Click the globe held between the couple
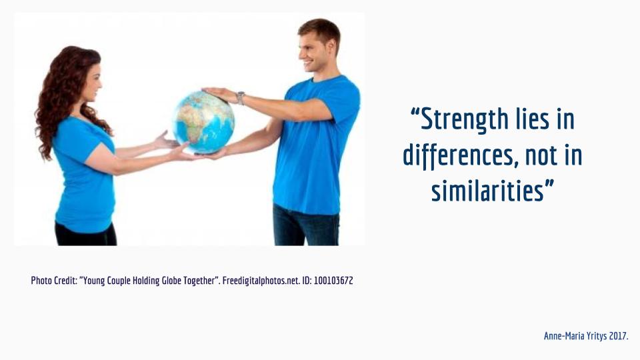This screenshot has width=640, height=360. pyautogui.click(x=204, y=121)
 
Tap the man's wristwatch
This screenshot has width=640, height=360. pyautogui.click(x=241, y=97)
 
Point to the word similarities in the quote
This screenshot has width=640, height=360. pyautogui.click(x=488, y=191)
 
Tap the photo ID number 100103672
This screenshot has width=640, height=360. pyautogui.click(x=333, y=281)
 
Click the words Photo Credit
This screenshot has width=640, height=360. pyautogui.click(x=54, y=281)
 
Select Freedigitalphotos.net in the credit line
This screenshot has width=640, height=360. pyautogui.click(x=261, y=281)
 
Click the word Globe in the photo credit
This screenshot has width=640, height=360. pyautogui.click(x=172, y=281)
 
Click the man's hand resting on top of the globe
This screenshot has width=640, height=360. pyautogui.click(x=219, y=93)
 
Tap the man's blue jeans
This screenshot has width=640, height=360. pyautogui.click(x=306, y=225)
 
